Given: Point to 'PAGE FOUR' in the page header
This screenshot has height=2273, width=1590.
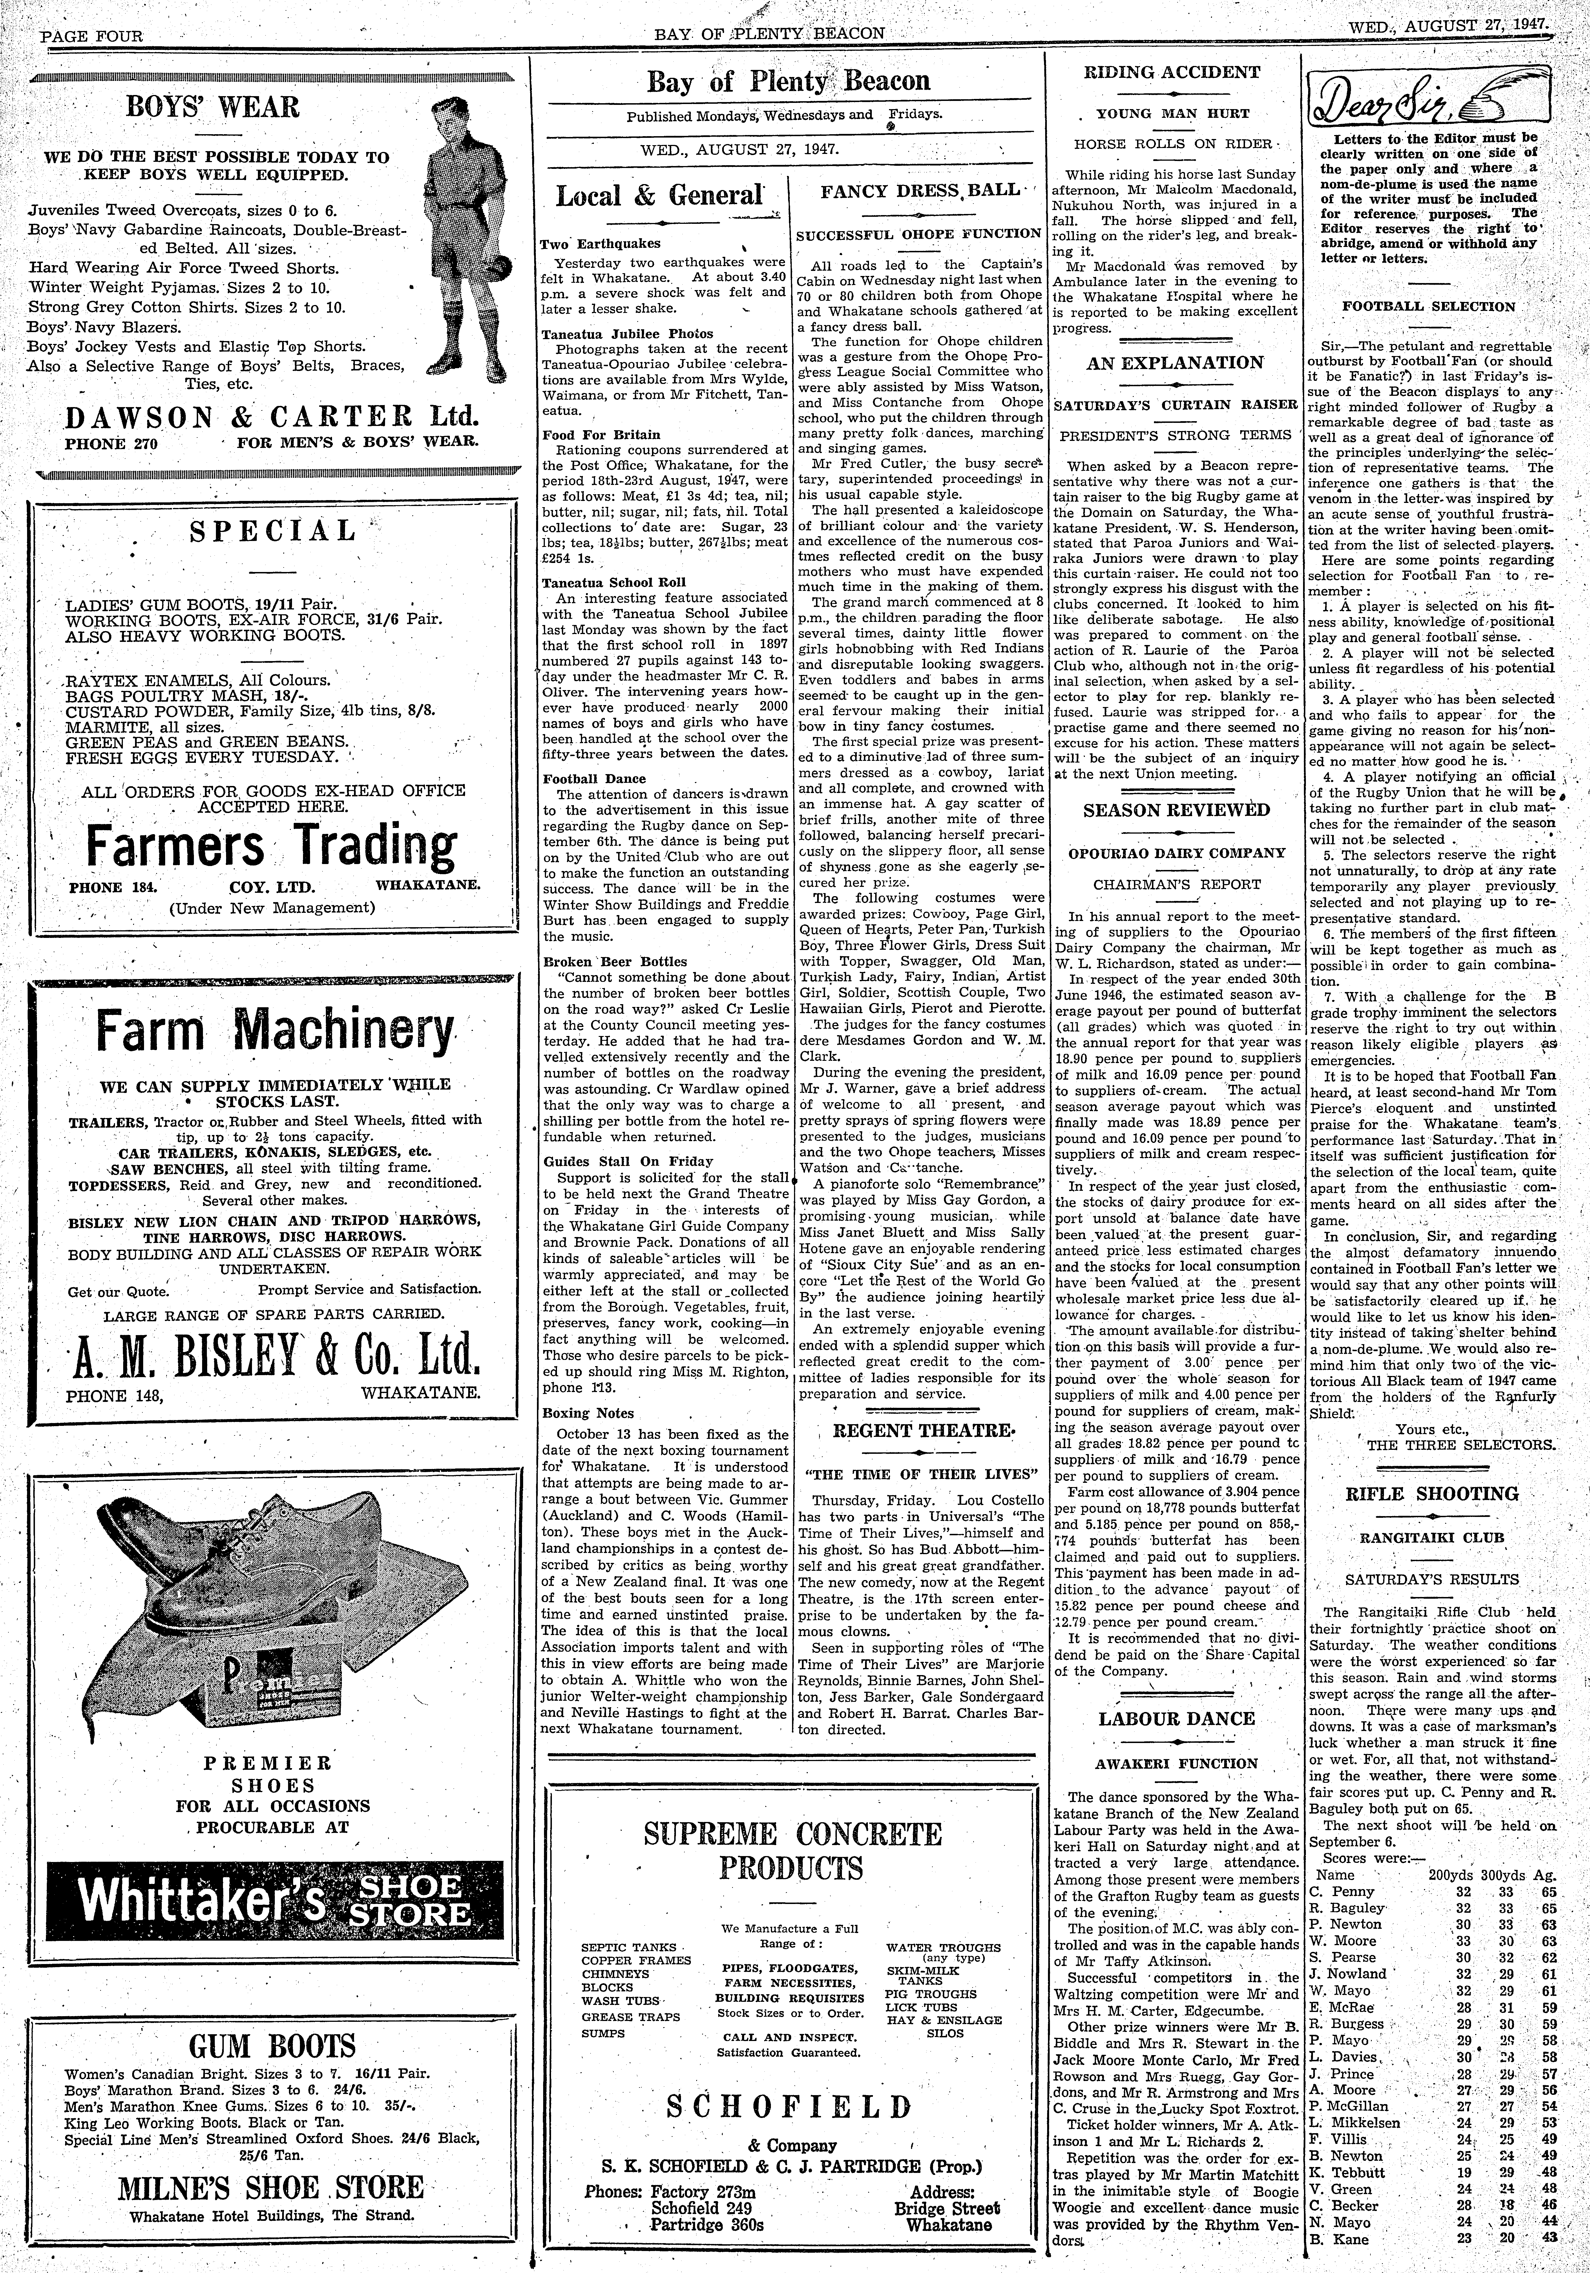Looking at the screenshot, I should click(x=91, y=36).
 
